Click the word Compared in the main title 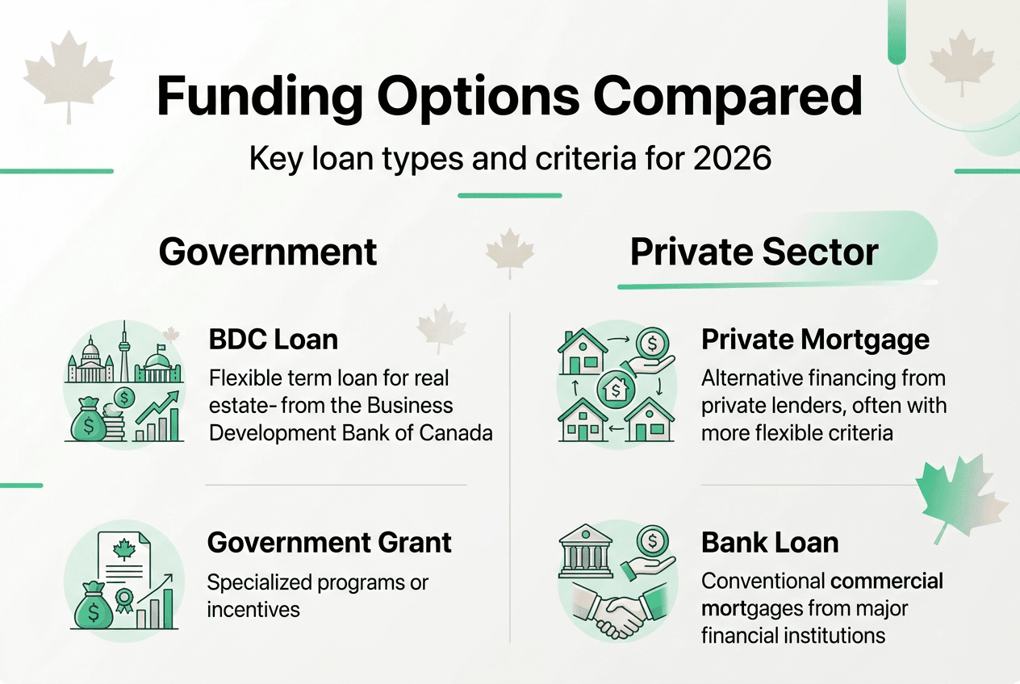pos(728,96)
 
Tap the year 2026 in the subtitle pos(731,158)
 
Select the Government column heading pos(268,252)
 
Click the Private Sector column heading pos(754,252)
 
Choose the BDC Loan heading pos(273,340)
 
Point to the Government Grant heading pos(329,542)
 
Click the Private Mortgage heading pos(815,340)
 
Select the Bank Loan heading pos(770,542)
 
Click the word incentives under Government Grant pos(253,609)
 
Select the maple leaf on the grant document pos(123,550)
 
